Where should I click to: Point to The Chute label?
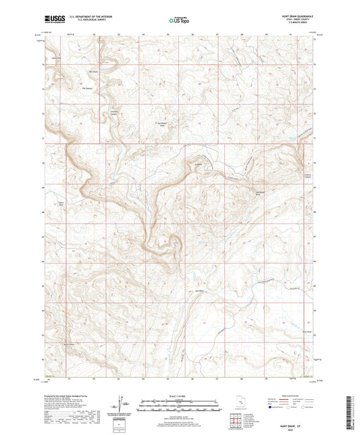coord(93,72)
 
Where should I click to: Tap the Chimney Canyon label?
coord(113,111)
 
